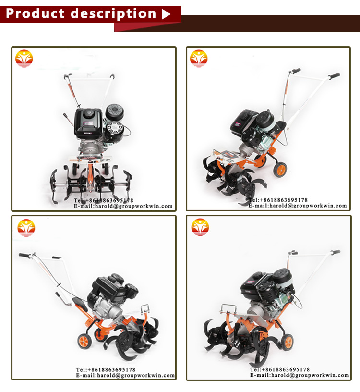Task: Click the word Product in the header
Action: point(35,13)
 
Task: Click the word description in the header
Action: point(113,14)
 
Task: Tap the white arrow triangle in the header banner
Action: point(166,14)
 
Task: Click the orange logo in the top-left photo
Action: point(24,59)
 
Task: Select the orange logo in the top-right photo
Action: point(199,59)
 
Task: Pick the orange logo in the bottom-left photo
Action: point(26,228)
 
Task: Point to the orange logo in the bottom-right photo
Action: point(200,227)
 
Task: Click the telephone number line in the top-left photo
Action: point(103,200)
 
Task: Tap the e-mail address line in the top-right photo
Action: point(298,206)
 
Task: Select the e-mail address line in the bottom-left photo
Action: point(125,375)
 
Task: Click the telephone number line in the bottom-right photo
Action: point(280,369)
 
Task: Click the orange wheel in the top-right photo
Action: point(280,170)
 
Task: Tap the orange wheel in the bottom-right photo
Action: point(288,342)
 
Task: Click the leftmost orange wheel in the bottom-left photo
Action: point(84,341)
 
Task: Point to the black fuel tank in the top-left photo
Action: point(88,122)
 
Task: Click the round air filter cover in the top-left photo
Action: point(115,112)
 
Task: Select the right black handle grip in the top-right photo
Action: point(334,76)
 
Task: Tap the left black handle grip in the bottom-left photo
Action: point(24,255)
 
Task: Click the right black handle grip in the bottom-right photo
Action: point(336,252)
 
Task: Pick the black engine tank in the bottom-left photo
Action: point(108,285)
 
